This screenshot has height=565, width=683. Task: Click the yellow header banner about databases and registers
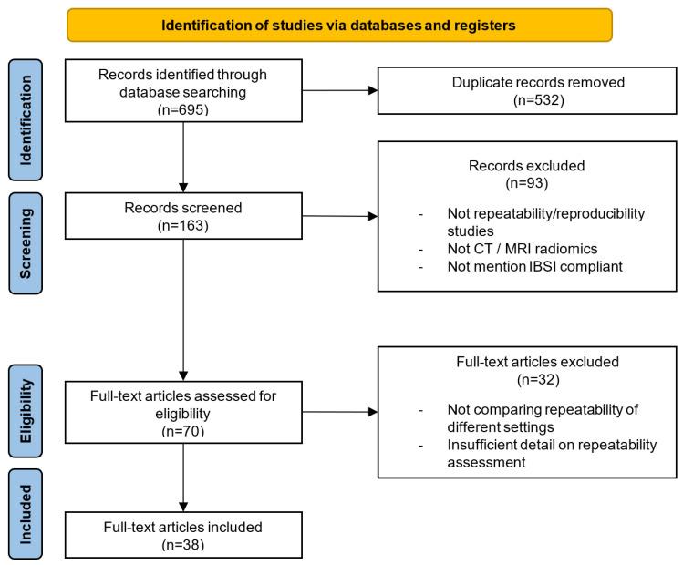click(338, 25)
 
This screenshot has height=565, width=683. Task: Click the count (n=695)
click(184, 108)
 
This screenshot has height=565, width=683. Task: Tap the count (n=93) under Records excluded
click(517, 186)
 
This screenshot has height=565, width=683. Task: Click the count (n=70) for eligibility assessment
click(183, 428)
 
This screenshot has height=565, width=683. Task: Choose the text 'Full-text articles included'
click(183, 526)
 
